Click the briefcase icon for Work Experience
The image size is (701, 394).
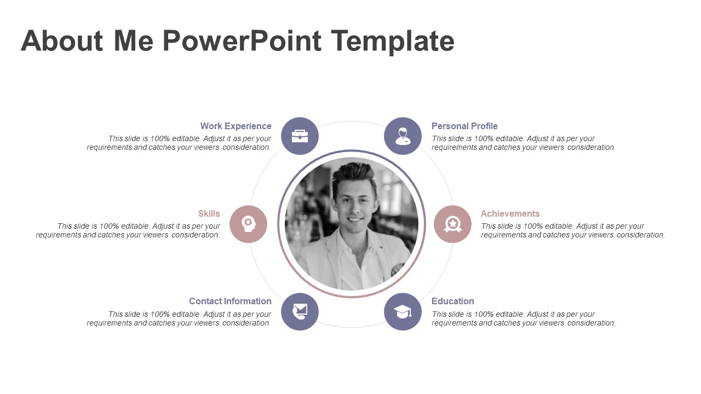point(300,136)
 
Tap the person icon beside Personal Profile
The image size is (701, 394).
point(403,136)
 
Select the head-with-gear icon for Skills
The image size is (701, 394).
point(248,224)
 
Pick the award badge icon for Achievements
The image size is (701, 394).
point(452,224)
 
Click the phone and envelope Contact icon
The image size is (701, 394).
point(300,311)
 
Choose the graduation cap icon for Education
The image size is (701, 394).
point(403,311)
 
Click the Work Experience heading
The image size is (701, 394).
point(235,126)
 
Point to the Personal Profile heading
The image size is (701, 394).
point(464,126)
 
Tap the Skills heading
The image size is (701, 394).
point(209,213)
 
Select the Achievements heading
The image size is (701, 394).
point(510,213)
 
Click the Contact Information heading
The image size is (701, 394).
point(230,301)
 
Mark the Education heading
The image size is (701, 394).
point(452,301)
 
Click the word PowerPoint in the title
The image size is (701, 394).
point(242,41)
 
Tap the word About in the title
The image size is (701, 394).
point(62,41)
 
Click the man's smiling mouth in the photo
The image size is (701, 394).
point(355,219)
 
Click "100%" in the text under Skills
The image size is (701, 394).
point(110,226)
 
